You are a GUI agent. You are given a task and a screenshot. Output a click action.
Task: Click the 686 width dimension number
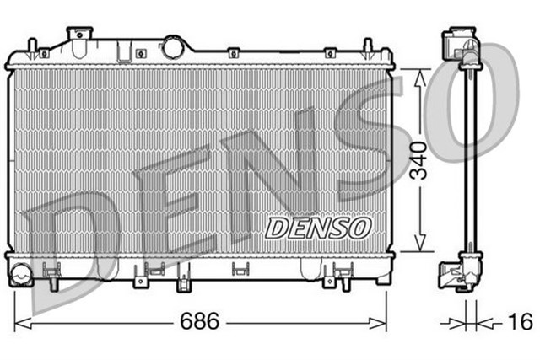coord(200,321)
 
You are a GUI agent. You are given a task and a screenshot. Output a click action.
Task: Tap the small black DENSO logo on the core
coord(318,226)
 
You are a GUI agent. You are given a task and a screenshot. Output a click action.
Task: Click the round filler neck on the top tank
coord(173,46)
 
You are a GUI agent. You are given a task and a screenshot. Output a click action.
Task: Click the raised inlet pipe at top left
coord(79,35)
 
